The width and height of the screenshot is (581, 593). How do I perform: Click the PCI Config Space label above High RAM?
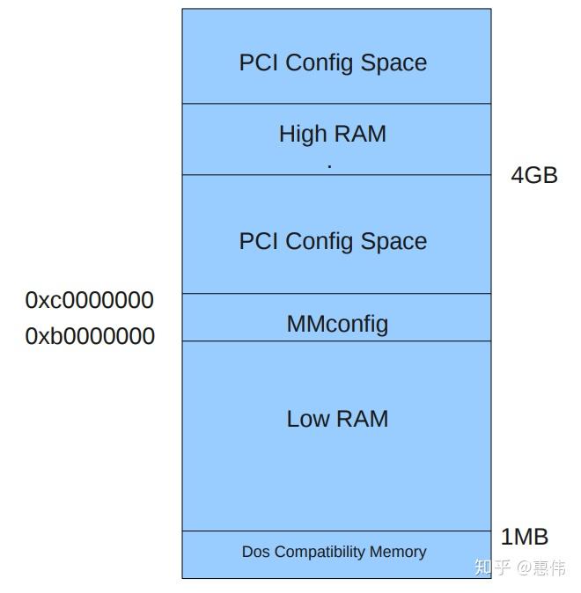pos(333,62)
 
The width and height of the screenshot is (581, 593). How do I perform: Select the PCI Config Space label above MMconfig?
pos(333,241)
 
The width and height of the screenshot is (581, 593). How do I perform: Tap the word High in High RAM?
pos(301,134)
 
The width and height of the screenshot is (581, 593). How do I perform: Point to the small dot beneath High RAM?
pos(329,165)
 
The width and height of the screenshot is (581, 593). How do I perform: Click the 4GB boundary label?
pos(534,175)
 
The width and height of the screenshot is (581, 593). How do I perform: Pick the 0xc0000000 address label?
pos(90,300)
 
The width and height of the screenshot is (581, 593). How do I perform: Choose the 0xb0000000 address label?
pos(90,336)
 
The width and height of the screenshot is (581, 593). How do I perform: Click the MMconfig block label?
pos(337,324)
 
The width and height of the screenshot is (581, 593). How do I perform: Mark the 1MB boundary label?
pos(525,537)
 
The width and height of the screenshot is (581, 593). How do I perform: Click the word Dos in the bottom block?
pos(255,552)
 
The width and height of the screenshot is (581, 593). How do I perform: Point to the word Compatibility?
pos(321,552)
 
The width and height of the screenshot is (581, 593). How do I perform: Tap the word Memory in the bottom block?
pos(399,552)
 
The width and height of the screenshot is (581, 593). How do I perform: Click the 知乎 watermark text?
pos(492,567)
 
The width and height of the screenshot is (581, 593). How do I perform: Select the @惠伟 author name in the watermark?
pos(541,567)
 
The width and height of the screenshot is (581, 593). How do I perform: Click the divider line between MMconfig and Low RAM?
pos(336,340)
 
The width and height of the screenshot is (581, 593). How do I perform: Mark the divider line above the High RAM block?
pos(336,104)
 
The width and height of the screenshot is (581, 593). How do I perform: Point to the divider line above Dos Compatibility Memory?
pos(336,531)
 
